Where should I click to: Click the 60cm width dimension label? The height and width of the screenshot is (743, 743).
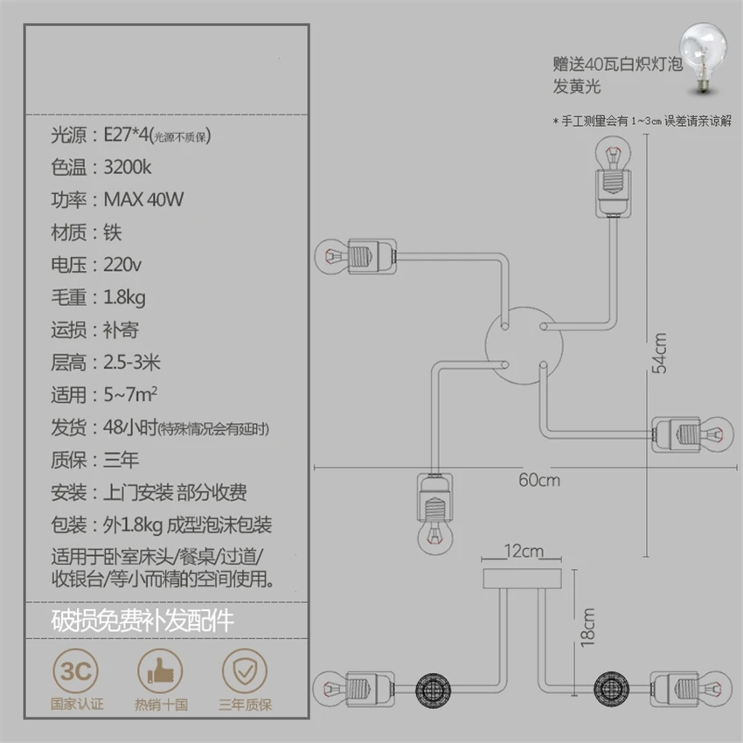tap(538, 479)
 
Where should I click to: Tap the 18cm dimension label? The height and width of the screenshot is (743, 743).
tap(587, 626)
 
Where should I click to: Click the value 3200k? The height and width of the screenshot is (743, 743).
tap(128, 168)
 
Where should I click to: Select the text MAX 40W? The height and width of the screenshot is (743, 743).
tap(143, 200)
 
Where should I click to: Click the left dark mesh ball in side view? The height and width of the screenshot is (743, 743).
tap(432, 684)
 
